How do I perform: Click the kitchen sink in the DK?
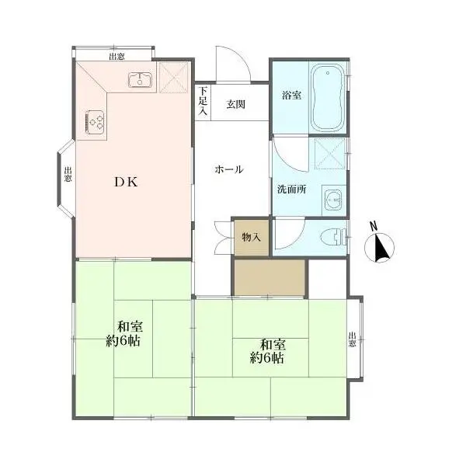pos(141,80)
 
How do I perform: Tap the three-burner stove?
pos(95,122)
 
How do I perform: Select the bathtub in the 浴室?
pos(327,98)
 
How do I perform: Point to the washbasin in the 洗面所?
pos(333,200)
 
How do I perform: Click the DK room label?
pos(127,182)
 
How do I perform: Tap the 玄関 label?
pos(235,104)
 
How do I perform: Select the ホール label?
pos(229,169)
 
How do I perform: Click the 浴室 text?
pos(291,96)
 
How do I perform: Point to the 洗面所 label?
pos(291,190)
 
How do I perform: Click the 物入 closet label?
pos(252,237)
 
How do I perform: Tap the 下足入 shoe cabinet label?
pos(203,101)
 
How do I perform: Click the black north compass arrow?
pos(381,249)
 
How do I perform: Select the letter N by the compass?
pos(374,226)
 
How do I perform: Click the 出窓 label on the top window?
pos(116,57)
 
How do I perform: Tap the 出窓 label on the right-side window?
pos(352,339)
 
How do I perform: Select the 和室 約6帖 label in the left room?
pos(124,334)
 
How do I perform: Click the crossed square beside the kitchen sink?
pos(174,77)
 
